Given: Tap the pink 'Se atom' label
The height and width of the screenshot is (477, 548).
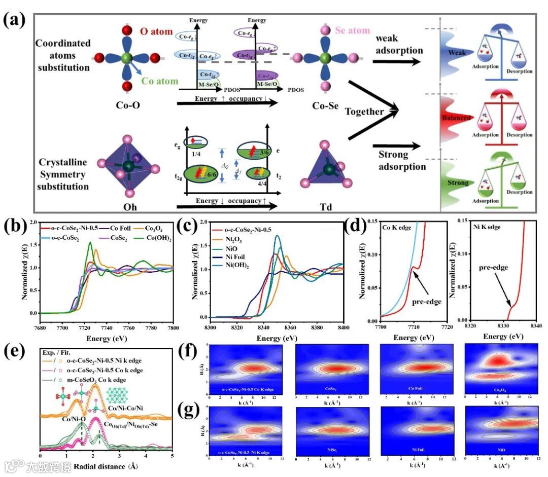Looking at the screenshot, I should click(352, 30).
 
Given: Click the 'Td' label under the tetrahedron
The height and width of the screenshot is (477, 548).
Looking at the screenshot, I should click(323, 208).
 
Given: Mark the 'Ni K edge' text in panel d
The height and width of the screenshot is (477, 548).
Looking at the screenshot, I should click(486, 228).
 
